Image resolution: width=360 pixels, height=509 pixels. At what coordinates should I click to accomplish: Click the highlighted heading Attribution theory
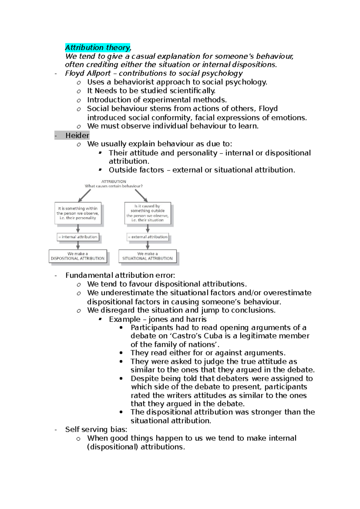point(98,47)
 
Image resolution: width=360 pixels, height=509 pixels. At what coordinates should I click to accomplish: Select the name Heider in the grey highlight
point(77,135)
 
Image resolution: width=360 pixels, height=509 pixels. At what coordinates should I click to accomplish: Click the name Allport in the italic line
point(99,73)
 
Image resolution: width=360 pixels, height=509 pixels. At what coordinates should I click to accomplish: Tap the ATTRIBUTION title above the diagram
point(114,182)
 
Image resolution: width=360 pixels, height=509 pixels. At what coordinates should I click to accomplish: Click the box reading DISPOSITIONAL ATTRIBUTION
point(78,256)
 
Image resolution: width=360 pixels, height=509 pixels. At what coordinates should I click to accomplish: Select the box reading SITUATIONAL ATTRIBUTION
point(147,256)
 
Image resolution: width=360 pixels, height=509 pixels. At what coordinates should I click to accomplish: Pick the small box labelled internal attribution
point(78,237)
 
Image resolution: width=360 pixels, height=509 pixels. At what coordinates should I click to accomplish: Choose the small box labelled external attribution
point(148,237)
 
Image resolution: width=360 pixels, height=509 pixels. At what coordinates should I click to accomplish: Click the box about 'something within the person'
point(78,213)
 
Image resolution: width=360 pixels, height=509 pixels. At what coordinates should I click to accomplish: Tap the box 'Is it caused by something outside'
point(148,213)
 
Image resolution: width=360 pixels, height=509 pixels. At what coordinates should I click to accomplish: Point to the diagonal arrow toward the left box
point(84,196)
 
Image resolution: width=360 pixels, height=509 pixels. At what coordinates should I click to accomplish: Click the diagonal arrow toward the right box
point(141,196)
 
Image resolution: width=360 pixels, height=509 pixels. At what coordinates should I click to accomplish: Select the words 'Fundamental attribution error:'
point(120,275)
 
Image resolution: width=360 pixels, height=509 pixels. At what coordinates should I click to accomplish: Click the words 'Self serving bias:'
point(96,429)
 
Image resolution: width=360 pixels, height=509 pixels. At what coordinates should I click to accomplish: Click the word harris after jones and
point(196,319)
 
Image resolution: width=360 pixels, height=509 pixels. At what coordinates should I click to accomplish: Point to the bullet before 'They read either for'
point(121,353)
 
